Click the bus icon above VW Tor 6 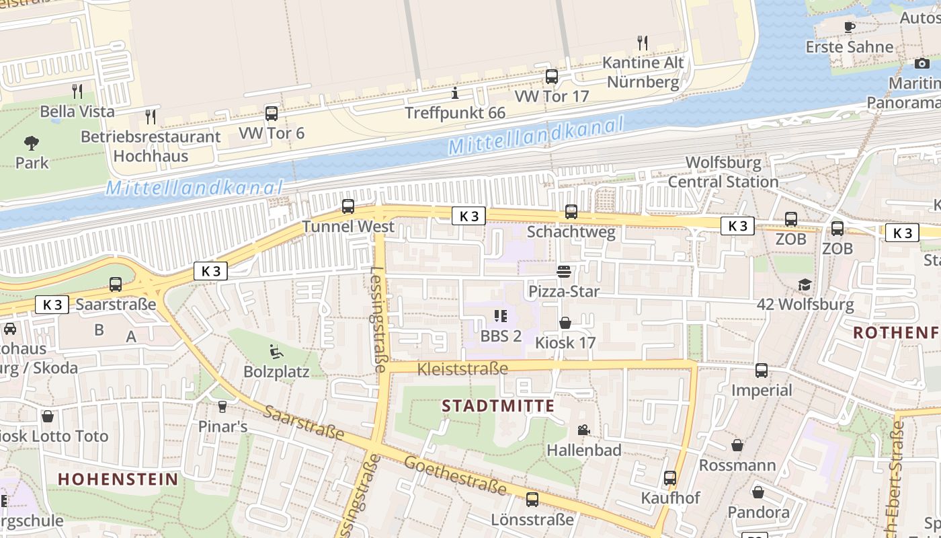coord(272,113)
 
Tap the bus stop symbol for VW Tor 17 coord(552,77)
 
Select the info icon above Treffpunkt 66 coord(455,93)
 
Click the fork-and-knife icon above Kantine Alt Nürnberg coord(643,43)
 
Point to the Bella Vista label coord(77,111)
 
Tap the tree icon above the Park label coord(32,143)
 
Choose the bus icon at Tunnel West coord(348,206)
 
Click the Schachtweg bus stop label coord(571,232)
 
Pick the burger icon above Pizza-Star coord(564,271)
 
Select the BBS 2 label coord(501,336)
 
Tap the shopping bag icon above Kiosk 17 coord(565,323)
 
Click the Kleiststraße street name coord(462,369)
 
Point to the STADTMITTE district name coord(498,406)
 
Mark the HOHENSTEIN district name coord(118,479)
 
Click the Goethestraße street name coord(455,475)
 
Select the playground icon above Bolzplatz coord(276,352)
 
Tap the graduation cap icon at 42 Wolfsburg coord(805,284)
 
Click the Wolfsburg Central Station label coord(723,172)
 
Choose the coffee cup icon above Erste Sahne coord(850,27)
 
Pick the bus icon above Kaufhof coord(670,478)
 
